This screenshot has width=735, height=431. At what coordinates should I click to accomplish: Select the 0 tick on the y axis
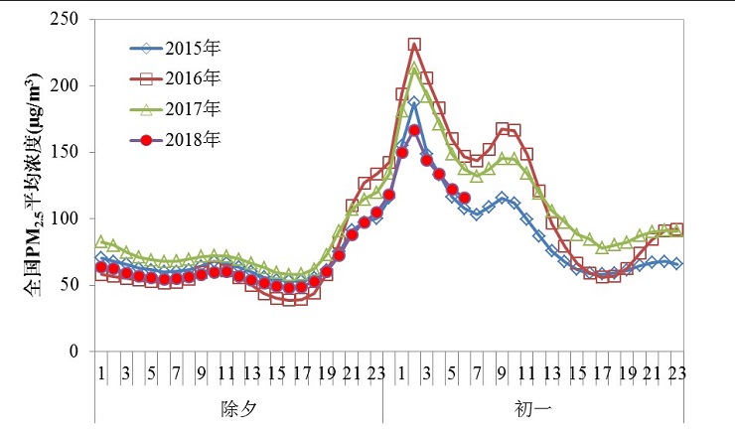pos(73,352)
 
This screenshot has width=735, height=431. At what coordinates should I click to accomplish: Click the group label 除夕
pos(238,408)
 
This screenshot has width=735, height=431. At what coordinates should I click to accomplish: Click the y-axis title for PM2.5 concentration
pos(32,185)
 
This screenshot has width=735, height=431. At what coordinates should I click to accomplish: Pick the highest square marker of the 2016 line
pos(414,45)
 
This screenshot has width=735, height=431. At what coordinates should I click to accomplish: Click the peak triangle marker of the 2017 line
pos(414,70)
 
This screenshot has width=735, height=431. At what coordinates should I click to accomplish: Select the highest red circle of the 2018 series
pos(414,130)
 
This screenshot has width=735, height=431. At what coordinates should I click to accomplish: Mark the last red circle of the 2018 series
pos(465,197)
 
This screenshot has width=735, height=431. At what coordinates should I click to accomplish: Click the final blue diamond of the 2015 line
pos(677,264)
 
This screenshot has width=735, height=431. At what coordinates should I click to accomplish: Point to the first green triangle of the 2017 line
pos(101,241)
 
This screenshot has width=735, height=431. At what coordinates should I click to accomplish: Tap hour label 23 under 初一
pos(677,372)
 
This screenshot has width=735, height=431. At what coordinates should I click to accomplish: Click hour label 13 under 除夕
pos(251,372)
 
